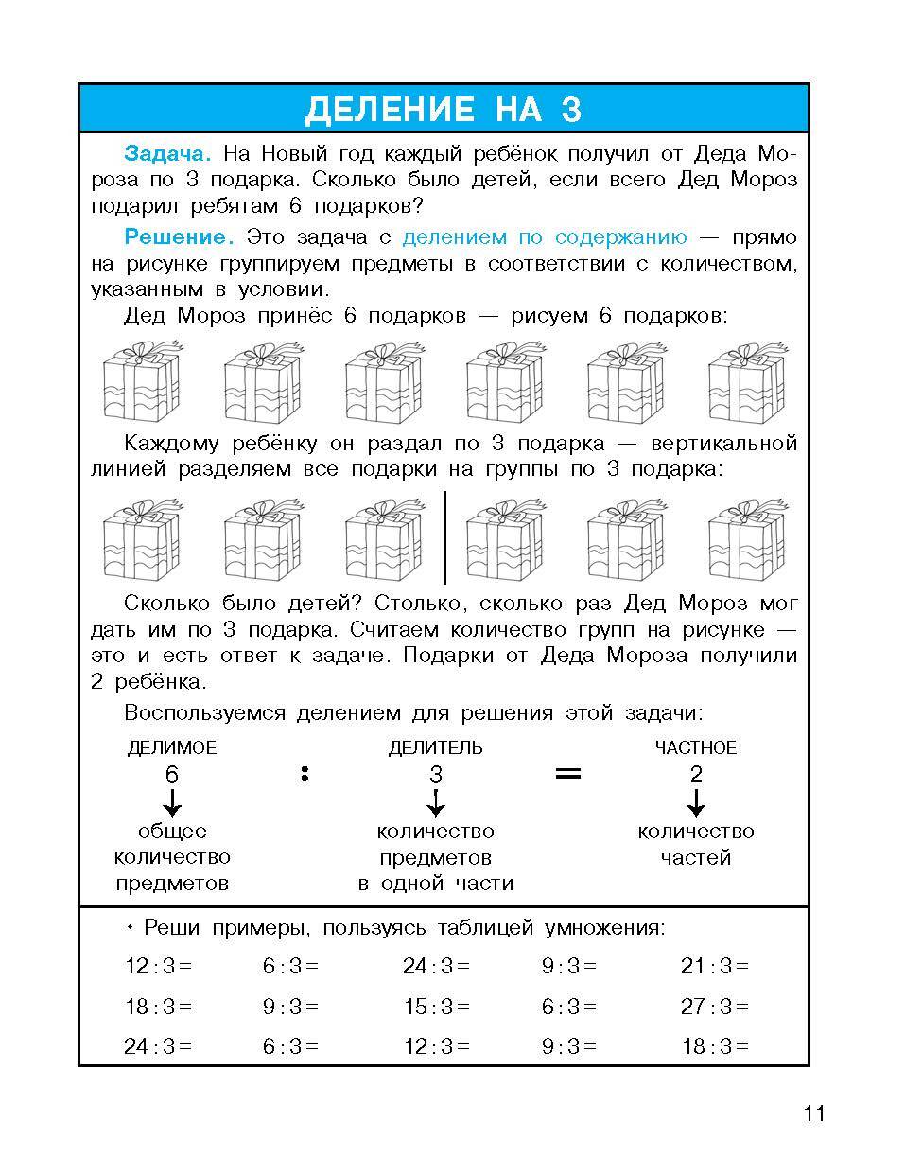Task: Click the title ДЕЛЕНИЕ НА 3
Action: click(x=443, y=110)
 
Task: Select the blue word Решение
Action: click(x=178, y=237)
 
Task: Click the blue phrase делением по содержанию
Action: click(x=545, y=237)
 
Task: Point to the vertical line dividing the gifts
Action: click(x=444, y=536)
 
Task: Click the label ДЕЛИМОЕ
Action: click(x=171, y=747)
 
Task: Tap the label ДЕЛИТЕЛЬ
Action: click(x=435, y=747)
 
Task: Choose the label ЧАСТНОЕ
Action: click(x=695, y=747)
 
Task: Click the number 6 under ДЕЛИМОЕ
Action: click(x=171, y=775)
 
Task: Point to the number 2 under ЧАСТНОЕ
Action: click(x=696, y=775)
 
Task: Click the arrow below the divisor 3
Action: click(x=435, y=803)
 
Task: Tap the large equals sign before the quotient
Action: click(x=567, y=774)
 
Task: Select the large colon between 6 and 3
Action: click(x=305, y=774)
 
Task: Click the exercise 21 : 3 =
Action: click(x=714, y=966)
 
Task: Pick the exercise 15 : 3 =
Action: click(x=436, y=1007)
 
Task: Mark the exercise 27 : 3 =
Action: click(x=714, y=1007)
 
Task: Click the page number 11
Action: click(x=814, y=1113)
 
